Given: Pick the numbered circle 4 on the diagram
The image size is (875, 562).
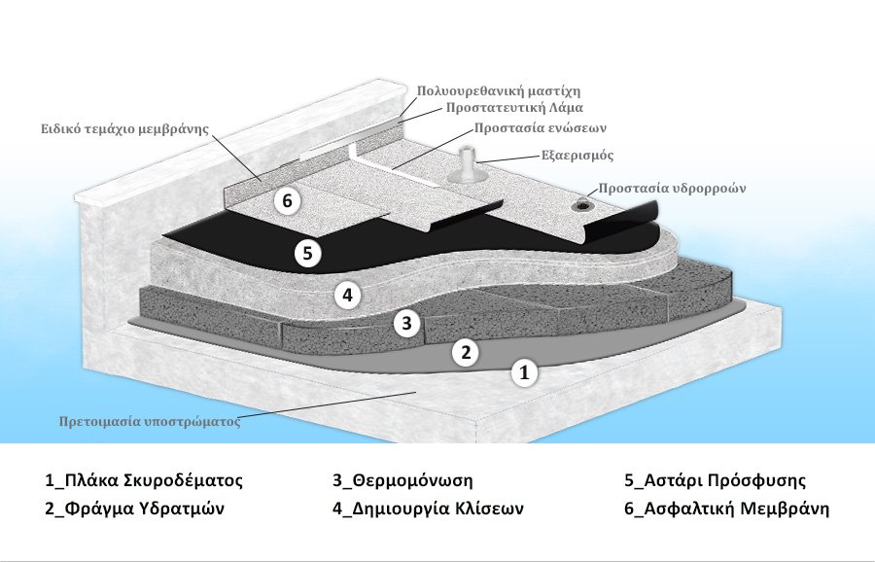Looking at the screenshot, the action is [x=347, y=293].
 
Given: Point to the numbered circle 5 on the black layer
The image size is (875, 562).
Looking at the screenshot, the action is [x=307, y=253].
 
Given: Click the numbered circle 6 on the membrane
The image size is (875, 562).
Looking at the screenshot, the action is [x=287, y=201].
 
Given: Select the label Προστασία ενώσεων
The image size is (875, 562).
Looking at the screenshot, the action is [x=531, y=127].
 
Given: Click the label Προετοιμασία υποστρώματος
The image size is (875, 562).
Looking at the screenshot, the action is [x=148, y=422].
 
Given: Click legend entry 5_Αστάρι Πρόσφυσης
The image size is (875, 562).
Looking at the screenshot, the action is [x=715, y=480].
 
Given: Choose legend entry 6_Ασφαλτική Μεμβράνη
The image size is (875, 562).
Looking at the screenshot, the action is [x=726, y=509].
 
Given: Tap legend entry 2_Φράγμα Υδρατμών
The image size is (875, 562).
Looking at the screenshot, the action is [x=141, y=509].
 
